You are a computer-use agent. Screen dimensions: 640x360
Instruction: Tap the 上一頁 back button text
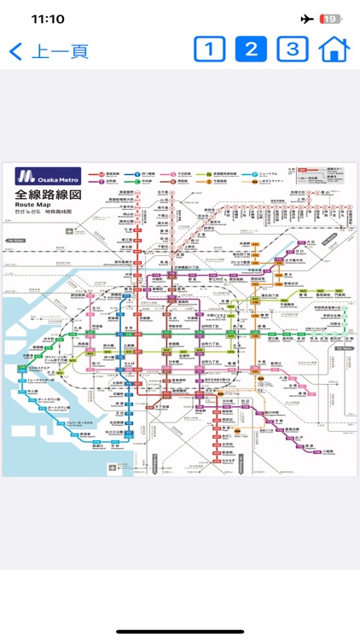tap(59, 51)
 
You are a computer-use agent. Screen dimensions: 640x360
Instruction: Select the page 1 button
tap(209, 49)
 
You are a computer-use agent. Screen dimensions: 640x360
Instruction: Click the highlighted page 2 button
tap(251, 49)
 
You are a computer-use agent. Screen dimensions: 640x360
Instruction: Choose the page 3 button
tap(292, 49)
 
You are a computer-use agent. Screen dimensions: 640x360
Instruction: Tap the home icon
tap(334, 49)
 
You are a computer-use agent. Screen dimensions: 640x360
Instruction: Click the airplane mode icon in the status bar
tap(307, 19)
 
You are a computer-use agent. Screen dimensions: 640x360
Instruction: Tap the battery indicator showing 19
tap(331, 19)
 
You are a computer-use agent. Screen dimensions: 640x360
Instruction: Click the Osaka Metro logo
tap(48, 177)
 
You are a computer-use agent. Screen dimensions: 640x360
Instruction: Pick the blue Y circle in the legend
tap(136, 180)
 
